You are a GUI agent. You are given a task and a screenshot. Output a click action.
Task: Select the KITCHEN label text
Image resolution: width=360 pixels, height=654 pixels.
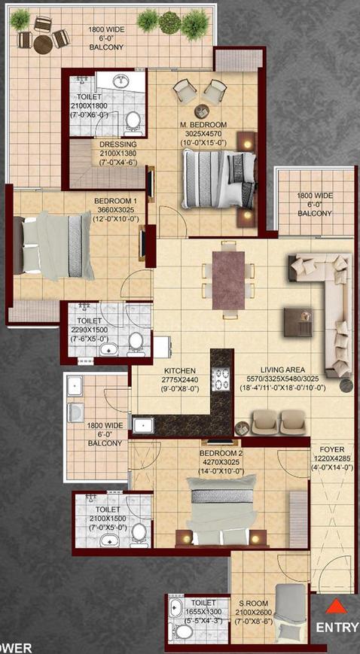coord(180,371)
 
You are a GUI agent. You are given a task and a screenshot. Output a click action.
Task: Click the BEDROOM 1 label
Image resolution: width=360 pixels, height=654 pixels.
coord(115,201)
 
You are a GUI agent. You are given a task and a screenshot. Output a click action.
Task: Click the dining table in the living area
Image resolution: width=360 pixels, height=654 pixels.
coord(230,278)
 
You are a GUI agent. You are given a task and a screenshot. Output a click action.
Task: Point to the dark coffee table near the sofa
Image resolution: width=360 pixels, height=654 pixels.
coord(296,321)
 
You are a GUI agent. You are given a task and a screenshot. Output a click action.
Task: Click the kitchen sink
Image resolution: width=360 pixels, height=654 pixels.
coord(143,425)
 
